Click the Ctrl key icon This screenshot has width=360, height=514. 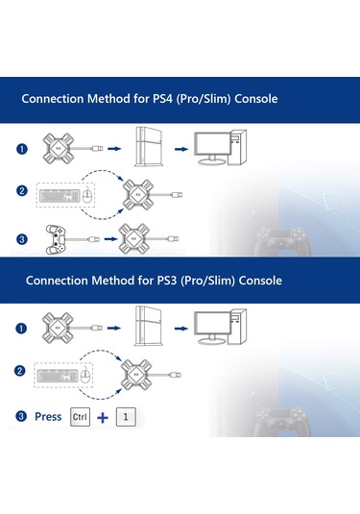pos(80,416)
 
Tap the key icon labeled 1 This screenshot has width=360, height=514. pos(124,416)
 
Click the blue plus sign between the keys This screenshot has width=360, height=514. pos(103,417)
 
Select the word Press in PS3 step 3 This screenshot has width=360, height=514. pos(47,416)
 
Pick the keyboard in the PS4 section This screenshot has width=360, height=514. pos(56,193)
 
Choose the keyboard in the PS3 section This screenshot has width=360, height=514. pos(56,374)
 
